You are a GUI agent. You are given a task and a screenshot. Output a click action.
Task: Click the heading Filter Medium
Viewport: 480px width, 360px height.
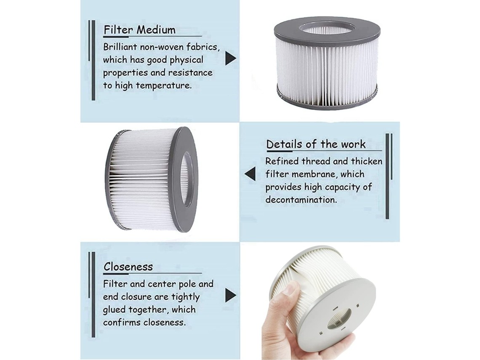point(140,30)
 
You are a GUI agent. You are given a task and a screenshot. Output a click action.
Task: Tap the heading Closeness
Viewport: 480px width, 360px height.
point(128,267)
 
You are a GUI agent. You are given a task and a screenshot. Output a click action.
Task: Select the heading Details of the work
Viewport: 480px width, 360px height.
point(316,144)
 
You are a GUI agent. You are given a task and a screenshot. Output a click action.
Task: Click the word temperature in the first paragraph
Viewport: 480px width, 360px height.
point(164,85)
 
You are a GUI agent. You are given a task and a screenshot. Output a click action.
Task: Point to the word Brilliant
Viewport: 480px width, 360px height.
point(120,47)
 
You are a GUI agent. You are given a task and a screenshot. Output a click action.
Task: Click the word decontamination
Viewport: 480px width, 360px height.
point(301,200)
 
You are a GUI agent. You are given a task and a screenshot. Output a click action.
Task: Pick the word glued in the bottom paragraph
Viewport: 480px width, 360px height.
point(114,310)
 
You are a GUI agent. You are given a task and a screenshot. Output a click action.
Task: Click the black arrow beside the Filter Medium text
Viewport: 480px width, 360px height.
point(230,58)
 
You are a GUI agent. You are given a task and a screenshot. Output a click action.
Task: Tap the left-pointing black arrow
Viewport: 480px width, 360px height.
point(250,173)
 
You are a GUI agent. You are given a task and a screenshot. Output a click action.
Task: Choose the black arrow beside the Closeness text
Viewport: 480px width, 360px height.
point(230,295)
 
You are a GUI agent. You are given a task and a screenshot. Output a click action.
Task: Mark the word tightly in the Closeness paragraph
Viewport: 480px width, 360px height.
point(185,297)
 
